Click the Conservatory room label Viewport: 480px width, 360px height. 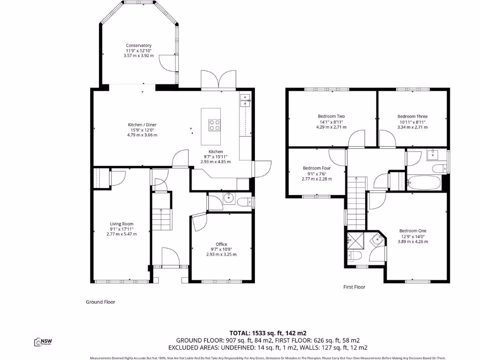(138, 45)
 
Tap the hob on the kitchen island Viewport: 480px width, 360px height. (215, 125)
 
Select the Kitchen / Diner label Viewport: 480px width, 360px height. (142, 125)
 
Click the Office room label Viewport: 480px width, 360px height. (221, 244)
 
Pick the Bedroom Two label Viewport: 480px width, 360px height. (331, 116)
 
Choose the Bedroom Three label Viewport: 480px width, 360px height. (412, 116)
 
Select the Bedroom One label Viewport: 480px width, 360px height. (413, 231)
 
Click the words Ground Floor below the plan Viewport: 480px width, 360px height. (100, 302)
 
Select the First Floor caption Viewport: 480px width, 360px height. (354, 287)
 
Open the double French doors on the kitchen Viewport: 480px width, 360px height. (218, 80)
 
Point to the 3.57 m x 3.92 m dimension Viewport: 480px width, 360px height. (138, 56)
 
